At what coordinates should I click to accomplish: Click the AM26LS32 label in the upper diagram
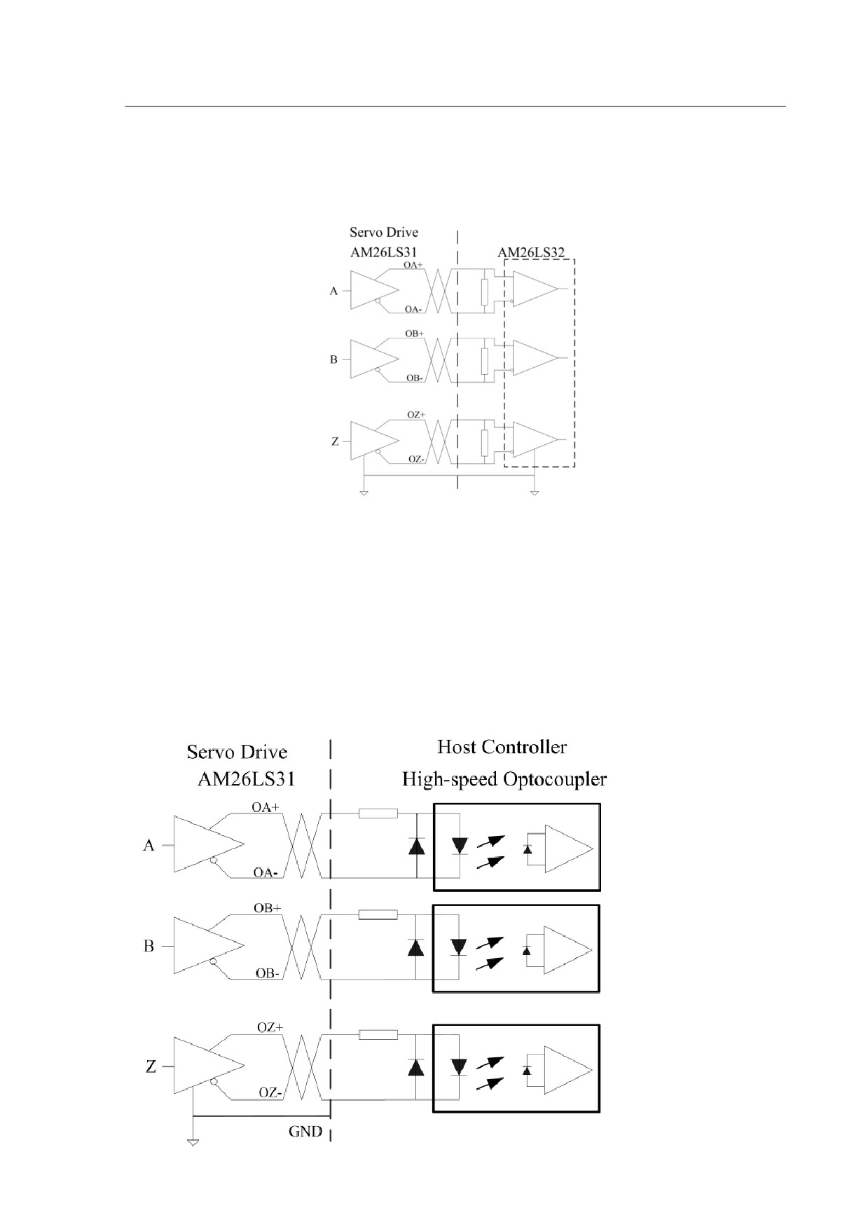point(531,252)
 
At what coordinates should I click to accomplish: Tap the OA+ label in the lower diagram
point(266,807)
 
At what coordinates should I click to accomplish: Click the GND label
point(305,1131)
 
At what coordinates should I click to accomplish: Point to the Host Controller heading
point(502,747)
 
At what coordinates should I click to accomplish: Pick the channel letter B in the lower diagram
point(149,947)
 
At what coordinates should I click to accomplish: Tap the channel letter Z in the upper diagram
point(335,442)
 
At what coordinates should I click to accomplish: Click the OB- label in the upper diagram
point(415,378)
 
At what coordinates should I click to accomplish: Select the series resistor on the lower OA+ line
point(378,813)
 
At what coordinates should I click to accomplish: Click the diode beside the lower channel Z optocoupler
point(417,1067)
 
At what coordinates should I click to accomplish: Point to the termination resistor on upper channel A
point(484,291)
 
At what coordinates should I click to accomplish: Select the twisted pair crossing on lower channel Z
point(301,1067)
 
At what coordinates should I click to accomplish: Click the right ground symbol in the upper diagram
point(535,493)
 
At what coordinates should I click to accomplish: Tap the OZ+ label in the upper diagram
point(416,415)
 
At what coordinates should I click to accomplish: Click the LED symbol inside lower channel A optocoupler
point(460,846)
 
